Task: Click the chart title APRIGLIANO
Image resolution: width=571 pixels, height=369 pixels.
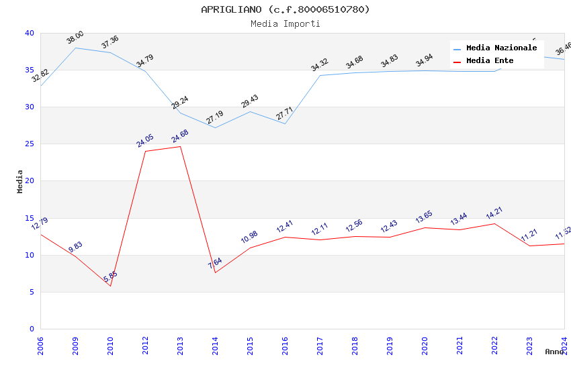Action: click(x=285, y=9)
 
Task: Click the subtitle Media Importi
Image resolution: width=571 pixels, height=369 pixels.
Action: click(x=285, y=23)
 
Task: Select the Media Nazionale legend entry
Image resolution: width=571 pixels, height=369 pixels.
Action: click(x=501, y=48)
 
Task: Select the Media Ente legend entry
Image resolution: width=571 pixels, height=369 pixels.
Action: click(x=490, y=61)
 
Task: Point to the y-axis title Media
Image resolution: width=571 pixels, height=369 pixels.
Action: click(x=20, y=181)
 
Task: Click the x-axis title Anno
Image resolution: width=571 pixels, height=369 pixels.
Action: click(x=554, y=352)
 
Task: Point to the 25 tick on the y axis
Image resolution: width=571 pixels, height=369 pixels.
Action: click(x=30, y=144)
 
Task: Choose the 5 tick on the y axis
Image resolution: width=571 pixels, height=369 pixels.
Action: click(x=32, y=292)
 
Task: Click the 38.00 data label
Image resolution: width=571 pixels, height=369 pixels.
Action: click(x=75, y=38)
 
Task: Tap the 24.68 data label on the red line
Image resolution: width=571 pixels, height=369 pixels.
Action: click(x=180, y=136)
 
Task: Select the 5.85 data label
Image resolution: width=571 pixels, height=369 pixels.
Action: click(x=110, y=276)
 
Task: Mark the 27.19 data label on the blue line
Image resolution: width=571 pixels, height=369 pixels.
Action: click(x=215, y=118)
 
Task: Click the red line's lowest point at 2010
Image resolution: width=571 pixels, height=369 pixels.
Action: click(x=110, y=286)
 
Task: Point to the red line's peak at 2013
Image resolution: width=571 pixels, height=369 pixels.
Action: click(x=180, y=146)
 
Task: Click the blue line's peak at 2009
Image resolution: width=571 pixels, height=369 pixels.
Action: click(x=75, y=48)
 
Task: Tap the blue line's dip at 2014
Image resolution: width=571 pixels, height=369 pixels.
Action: click(x=215, y=127)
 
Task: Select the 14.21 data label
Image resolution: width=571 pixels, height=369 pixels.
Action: click(x=494, y=213)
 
